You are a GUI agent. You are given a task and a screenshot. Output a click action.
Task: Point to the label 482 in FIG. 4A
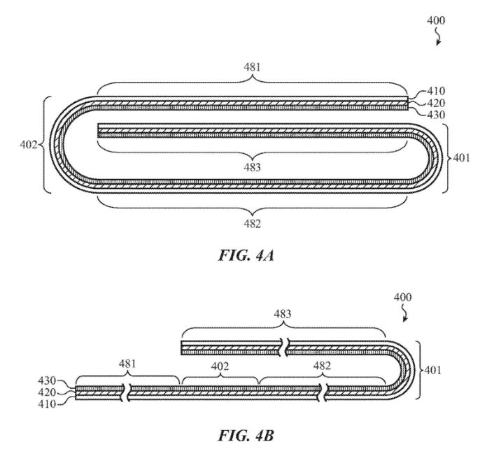point(252,224)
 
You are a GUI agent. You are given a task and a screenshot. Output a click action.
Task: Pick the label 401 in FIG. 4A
point(460,157)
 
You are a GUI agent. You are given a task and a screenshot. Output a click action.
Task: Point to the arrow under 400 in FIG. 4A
point(439,40)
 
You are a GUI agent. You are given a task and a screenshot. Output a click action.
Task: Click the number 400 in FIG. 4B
point(402,297)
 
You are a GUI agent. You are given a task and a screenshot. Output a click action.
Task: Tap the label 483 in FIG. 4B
point(283,315)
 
